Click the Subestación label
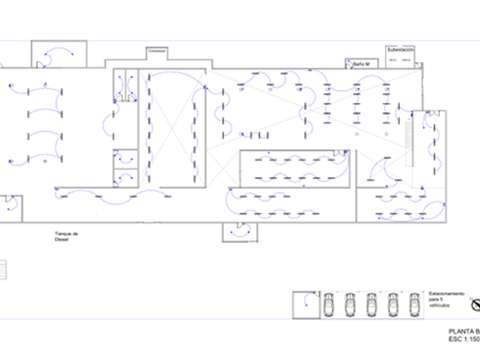pos(400,50)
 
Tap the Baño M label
pos(362,64)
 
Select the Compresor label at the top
pos(157,51)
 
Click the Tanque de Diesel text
pos(62,236)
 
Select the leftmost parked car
pos(329,305)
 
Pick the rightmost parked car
pos(414,305)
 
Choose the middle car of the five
pos(371,305)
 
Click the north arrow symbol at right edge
pos(476,305)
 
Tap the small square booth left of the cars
pos(306,305)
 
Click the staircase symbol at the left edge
pos(2,270)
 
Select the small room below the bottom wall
pos(240,232)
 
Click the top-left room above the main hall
pos(59,54)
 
